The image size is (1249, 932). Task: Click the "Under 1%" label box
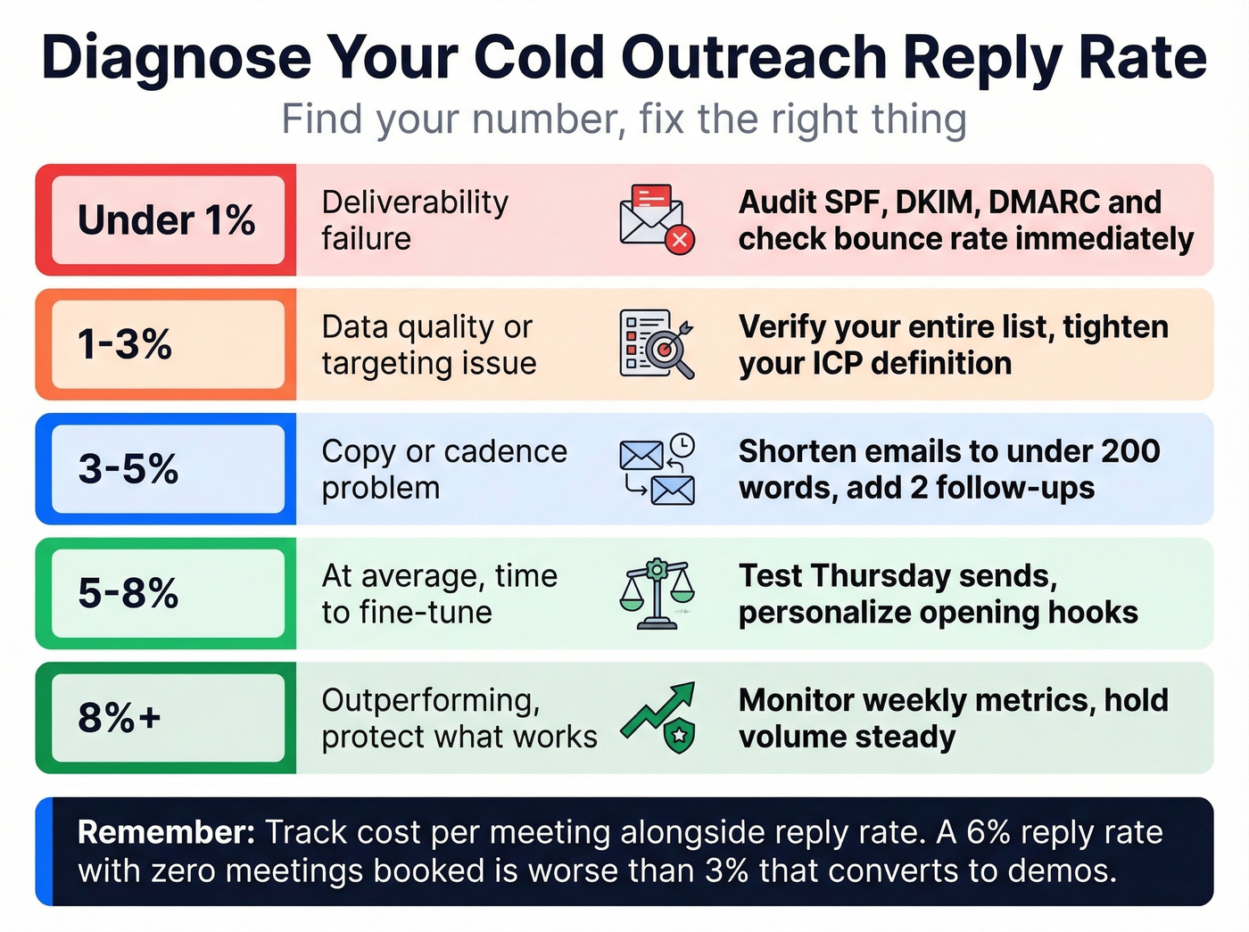point(167,220)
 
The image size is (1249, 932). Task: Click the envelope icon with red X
point(657,219)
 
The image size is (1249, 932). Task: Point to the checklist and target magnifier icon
point(657,344)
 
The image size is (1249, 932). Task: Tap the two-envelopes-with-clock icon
point(657,469)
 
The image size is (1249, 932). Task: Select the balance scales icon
point(657,593)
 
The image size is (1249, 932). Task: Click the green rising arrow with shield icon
point(660,718)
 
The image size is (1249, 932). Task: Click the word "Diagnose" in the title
point(176,58)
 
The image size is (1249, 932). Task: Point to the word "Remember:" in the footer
point(167,832)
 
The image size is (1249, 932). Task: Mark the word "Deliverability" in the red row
point(415,202)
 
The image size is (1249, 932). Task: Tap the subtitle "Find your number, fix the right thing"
point(624,120)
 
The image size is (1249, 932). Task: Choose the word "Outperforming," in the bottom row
point(431,701)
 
